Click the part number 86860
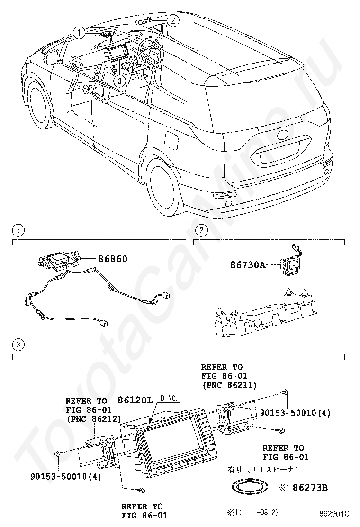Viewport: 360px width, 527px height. pos(113,259)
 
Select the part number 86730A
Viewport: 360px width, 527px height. pos(247,265)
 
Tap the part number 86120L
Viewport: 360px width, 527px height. pos(135,400)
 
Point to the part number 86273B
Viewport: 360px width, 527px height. pos(310,487)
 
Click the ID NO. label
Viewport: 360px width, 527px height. pos(168,399)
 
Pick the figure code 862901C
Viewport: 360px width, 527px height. pos(334,514)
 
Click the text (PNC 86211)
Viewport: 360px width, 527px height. pos(229,385)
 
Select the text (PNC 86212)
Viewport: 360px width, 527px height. pos(94,419)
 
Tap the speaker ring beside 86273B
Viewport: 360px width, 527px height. pos(249,486)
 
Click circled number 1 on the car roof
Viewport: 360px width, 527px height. pos(79,33)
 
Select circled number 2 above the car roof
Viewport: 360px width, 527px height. pos(172,21)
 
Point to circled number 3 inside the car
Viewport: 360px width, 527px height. pos(120,80)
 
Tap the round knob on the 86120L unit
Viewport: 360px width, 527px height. pos(211,447)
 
